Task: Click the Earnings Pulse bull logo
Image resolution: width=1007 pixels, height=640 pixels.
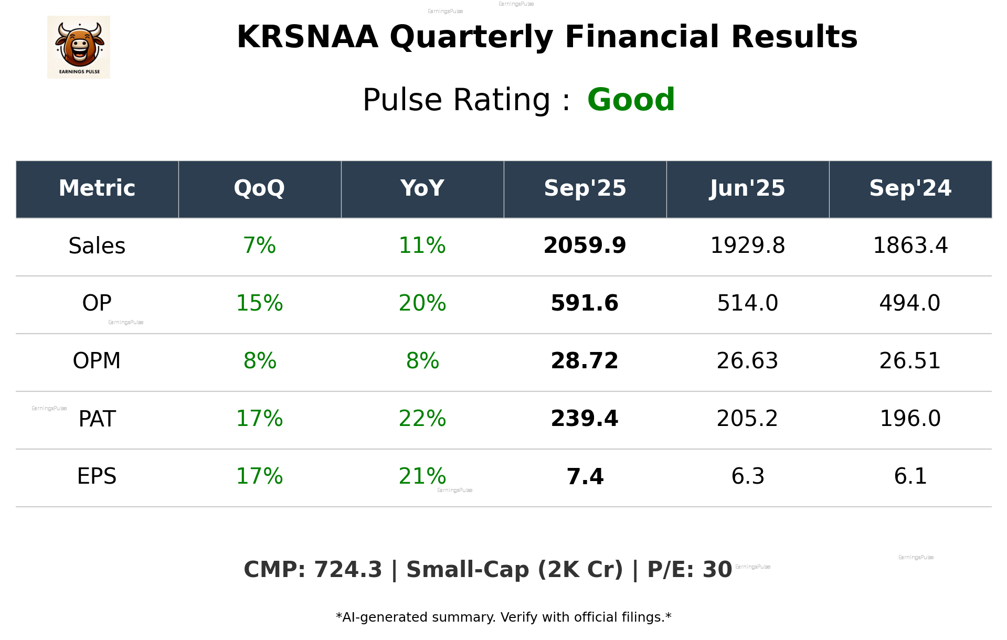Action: tap(79, 47)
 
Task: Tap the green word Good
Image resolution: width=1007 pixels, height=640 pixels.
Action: tap(631, 100)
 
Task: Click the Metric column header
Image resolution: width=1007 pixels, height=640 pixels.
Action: tap(97, 188)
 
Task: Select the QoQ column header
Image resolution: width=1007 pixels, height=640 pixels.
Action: tap(260, 188)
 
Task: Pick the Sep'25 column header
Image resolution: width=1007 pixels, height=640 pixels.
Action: tap(585, 188)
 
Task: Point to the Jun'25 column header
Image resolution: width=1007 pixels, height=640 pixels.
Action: tap(748, 188)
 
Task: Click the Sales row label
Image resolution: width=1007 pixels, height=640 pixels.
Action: tap(97, 246)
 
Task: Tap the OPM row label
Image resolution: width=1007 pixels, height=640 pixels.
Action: tap(97, 361)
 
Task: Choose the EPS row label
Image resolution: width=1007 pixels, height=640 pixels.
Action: tap(97, 476)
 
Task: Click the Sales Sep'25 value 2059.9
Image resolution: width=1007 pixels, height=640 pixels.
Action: tap(585, 246)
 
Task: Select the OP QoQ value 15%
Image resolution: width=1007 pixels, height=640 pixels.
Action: tap(260, 303)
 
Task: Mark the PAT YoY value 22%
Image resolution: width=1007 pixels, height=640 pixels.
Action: tap(422, 419)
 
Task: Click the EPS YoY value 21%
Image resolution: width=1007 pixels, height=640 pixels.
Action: tap(422, 476)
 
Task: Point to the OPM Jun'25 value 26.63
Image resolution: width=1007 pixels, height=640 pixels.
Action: tap(748, 361)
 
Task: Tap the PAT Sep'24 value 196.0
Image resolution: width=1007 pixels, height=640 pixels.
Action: tap(910, 419)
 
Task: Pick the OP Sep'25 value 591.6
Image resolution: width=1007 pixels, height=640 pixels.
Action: tap(585, 303)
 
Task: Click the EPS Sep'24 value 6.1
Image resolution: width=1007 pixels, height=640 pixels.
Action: tap(910, 476)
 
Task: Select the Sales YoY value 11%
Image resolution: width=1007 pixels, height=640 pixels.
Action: tap(422, 246)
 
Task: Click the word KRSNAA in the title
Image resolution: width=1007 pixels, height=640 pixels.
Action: tap(308, 37)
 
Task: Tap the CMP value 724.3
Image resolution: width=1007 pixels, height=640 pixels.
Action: tap(348, 570)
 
